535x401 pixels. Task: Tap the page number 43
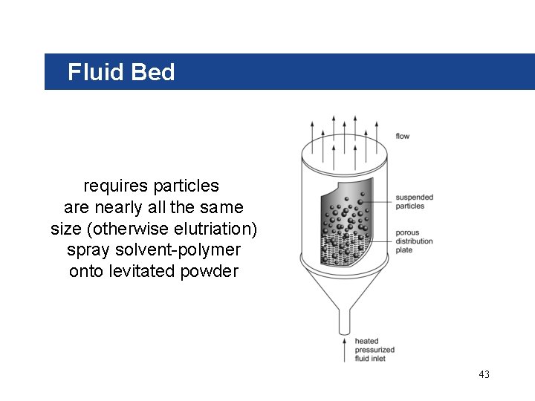click(x=484, y=374)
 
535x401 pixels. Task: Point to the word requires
click(x=114, y=185)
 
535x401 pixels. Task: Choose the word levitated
click(x=142, y=271)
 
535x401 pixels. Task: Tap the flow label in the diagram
click(x=402, y=136)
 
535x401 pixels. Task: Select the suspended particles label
click(x=414, y=201)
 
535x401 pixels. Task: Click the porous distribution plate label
click(x=414, y=241)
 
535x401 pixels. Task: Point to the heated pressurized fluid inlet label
click(x=374, y=350)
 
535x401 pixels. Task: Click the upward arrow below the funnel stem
click(x=344, y=349)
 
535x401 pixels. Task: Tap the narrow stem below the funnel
click(x=344, y=322)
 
